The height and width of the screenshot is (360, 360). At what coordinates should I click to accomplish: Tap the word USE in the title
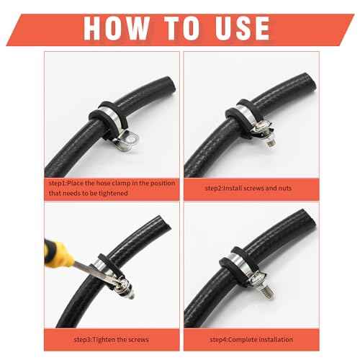(x=235, y=27)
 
